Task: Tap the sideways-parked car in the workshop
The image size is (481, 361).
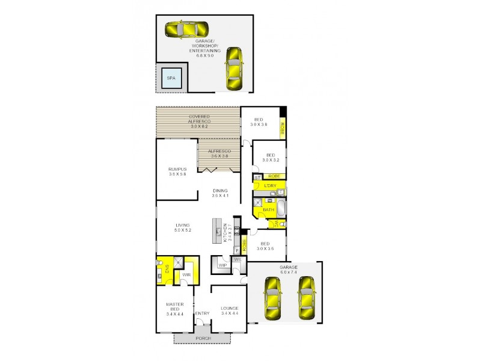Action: [186, 29]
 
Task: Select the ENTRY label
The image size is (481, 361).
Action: [203, 314]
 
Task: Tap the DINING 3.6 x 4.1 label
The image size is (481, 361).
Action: [220, 193]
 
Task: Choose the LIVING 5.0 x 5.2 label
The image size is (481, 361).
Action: [182, 227]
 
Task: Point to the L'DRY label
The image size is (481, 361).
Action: [270, 186]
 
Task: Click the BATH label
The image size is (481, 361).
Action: [268, 210]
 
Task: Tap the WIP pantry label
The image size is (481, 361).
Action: [222, 265]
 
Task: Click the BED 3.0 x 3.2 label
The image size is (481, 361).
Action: [271, 158]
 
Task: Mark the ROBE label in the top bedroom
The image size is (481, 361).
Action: [282, 128]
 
